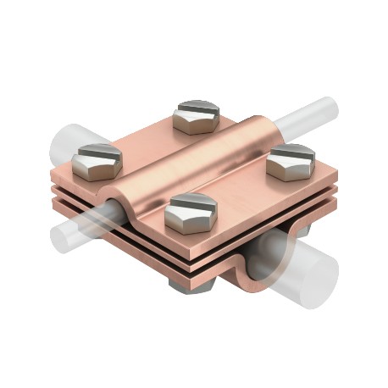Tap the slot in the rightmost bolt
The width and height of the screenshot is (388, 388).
click(292, 153)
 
